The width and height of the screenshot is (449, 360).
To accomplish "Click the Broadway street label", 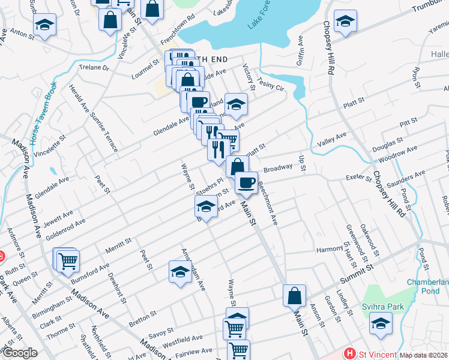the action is [277, 169].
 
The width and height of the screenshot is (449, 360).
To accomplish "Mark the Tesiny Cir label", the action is [270, 83].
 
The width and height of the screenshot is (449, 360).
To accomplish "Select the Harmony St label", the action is [330, 248].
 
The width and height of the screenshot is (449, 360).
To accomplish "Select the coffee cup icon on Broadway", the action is [246, 182].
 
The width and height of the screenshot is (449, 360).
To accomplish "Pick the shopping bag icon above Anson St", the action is [295, 295].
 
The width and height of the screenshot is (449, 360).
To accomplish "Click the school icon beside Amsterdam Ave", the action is [179, 271].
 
